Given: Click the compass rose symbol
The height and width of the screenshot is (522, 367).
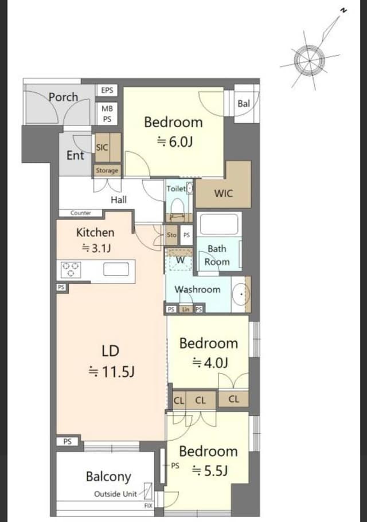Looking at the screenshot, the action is click(310, 61).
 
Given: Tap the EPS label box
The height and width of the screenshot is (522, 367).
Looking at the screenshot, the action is click(107, 90).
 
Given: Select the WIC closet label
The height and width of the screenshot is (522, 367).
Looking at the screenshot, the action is click(224, 194).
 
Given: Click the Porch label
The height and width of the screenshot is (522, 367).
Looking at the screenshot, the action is click(63, 97).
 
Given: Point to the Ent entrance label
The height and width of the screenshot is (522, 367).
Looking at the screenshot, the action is click(75, 155).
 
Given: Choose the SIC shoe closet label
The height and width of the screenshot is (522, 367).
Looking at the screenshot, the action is click(102, 147).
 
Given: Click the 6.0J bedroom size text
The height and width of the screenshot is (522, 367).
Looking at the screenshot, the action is click(175, 142).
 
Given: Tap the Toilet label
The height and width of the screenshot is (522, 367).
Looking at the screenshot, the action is click(176, 189).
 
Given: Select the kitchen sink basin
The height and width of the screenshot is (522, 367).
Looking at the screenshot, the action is click(116, 269).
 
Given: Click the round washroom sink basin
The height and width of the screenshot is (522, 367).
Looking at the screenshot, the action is click(241, 294).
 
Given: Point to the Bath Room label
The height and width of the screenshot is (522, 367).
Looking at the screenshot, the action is click(217, 256).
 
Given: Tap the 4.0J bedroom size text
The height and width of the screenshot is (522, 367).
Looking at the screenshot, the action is click(210, 362).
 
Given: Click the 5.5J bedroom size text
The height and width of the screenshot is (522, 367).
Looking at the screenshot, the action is click(210, 471).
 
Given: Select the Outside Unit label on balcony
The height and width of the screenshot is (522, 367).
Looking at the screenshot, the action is click(116, 494).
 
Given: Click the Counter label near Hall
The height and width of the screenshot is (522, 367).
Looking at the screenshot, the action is click(81, 213).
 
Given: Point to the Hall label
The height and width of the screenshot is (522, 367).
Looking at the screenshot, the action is click(119, 200).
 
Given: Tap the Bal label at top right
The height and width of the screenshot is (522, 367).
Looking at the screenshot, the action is click(244, 104).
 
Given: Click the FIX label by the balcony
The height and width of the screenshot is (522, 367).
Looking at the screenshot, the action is click(148, 506).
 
